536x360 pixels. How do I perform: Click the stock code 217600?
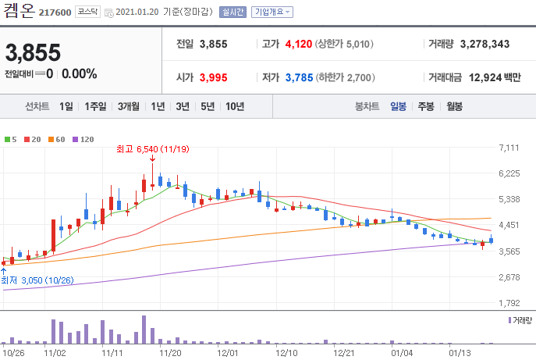point(55,12)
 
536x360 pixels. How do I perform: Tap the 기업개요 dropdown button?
point(272,12)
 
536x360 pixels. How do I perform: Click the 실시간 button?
point(233,12)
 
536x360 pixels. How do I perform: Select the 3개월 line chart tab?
point(129,106)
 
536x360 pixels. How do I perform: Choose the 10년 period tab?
point(235,106)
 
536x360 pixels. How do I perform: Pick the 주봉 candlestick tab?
point(426,106)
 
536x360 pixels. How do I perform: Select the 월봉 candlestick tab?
point(454,106)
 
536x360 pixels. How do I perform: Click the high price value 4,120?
point(298,45)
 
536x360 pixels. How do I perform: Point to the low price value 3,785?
point(299,77)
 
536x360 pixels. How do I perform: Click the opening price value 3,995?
point(213,77)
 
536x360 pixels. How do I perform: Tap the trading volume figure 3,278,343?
point(485,45)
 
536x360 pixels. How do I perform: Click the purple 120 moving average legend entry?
point(83,139)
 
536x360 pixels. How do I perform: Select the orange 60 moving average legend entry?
point(56,139)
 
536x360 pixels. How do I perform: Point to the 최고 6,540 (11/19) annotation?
point(152,149)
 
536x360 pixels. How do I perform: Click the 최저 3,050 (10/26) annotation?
point(37,280)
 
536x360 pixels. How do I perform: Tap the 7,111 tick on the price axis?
point(509,148)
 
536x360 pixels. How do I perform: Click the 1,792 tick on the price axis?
point(509,303)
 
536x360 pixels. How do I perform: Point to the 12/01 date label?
point(227,353)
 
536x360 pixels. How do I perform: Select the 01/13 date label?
point(460,353)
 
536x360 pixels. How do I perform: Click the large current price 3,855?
point(33,52)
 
